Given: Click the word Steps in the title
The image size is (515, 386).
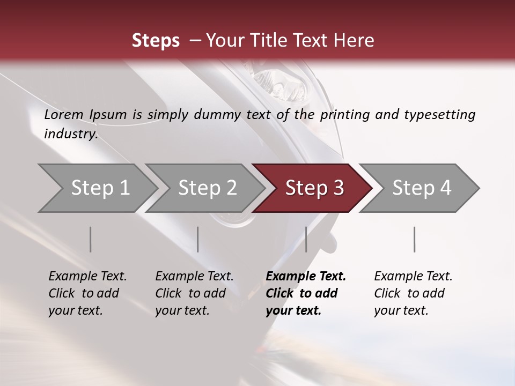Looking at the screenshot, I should [156, 41].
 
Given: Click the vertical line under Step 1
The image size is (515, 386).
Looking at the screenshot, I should [91, 239].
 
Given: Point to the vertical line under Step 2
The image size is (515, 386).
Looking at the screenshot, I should [198, 239].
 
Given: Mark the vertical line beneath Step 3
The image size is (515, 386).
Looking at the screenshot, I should [306, 239].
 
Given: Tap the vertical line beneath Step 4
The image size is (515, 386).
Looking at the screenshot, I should [414, 239].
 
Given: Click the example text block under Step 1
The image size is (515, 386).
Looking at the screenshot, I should [87, 293].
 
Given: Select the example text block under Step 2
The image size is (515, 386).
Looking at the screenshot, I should [194, 293].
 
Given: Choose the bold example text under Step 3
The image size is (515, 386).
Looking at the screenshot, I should [306, 293].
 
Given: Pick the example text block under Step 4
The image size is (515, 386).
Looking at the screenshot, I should [413, 293].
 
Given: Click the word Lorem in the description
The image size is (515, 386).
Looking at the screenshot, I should [64, 115].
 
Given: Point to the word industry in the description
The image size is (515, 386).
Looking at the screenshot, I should [71, 134].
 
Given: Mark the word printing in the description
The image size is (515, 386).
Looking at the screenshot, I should [343, 115].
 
